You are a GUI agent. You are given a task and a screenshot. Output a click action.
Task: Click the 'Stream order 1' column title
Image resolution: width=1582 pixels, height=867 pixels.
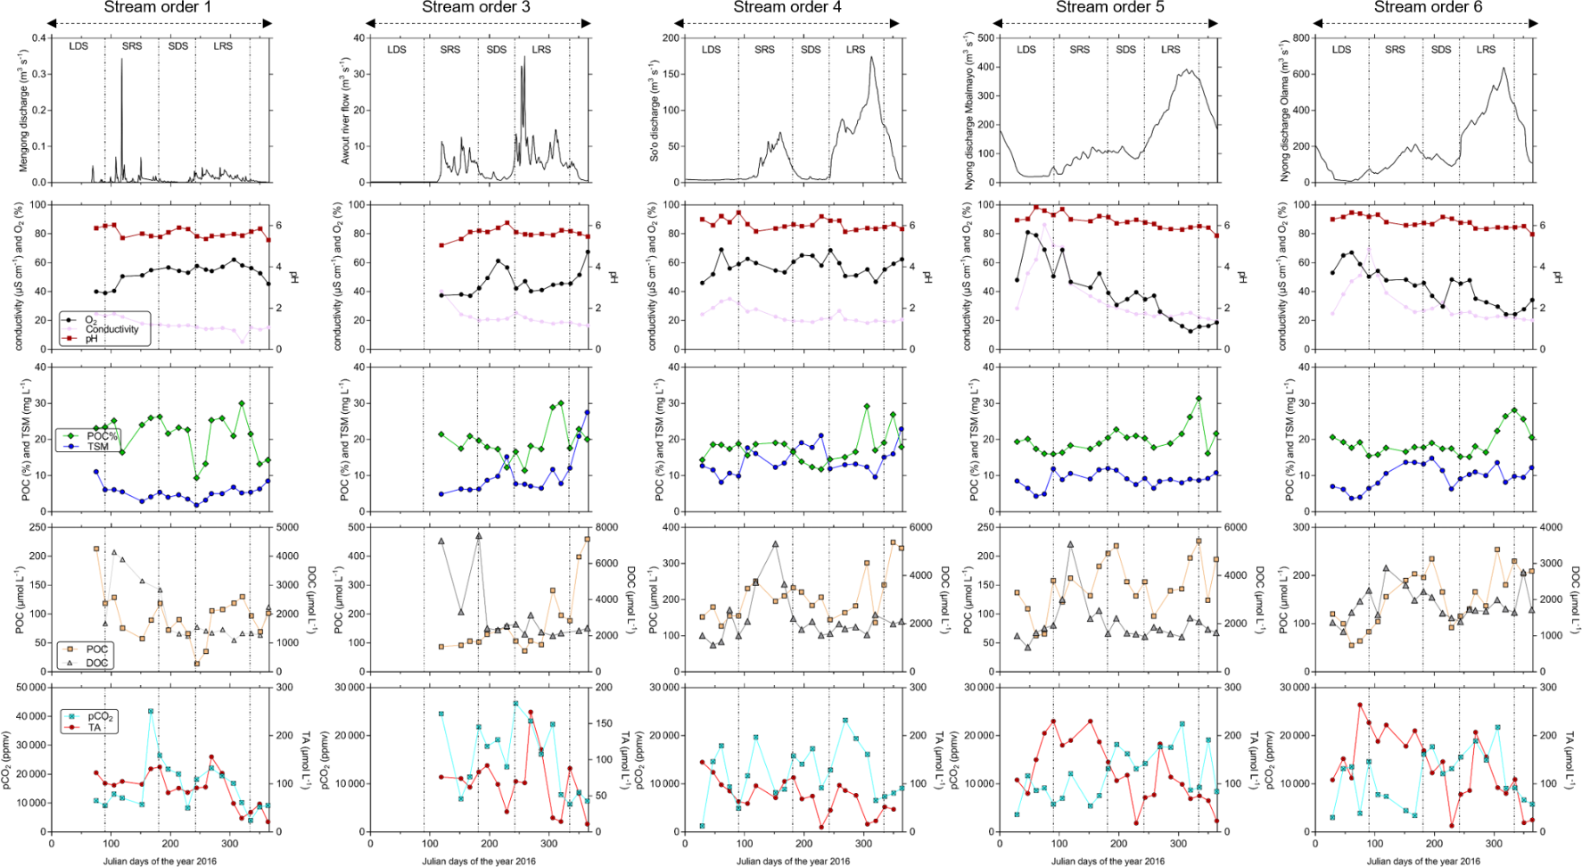click(158, 7)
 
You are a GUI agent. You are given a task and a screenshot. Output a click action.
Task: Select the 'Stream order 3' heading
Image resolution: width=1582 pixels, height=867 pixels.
click(476, 7)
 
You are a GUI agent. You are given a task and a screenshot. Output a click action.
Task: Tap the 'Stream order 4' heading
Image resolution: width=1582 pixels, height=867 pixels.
click(787, 7)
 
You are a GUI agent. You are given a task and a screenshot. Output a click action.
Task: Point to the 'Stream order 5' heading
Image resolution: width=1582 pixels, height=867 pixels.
click(1109, 7)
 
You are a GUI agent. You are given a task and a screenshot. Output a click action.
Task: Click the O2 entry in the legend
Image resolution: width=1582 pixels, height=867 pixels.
click(90, 320)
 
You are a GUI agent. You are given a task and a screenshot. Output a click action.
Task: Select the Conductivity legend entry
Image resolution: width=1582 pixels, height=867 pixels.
click(111, 329)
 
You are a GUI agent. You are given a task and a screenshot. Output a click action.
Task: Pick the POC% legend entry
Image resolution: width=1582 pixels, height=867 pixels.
click(102, 436)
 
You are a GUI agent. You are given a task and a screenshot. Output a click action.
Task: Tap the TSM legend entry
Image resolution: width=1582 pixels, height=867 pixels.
click(97, 446)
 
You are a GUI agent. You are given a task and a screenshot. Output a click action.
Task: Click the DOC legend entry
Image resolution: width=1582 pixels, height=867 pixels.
click(96, 663)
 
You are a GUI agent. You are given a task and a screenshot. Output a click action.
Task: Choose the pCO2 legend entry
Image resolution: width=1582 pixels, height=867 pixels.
click(99, 717)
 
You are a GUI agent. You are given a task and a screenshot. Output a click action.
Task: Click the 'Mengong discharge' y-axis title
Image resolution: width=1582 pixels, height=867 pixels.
click(23, 110)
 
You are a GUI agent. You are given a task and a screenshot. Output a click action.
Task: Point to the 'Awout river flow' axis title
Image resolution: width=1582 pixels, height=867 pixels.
click(345, 110)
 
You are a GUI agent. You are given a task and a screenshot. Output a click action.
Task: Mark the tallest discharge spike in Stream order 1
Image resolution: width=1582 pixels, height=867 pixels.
click(122, 60)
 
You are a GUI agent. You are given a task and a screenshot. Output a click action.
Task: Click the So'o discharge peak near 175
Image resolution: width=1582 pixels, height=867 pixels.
click(872, 58)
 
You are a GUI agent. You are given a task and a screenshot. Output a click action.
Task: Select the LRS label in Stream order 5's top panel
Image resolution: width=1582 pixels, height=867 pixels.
click(1170, 50)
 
